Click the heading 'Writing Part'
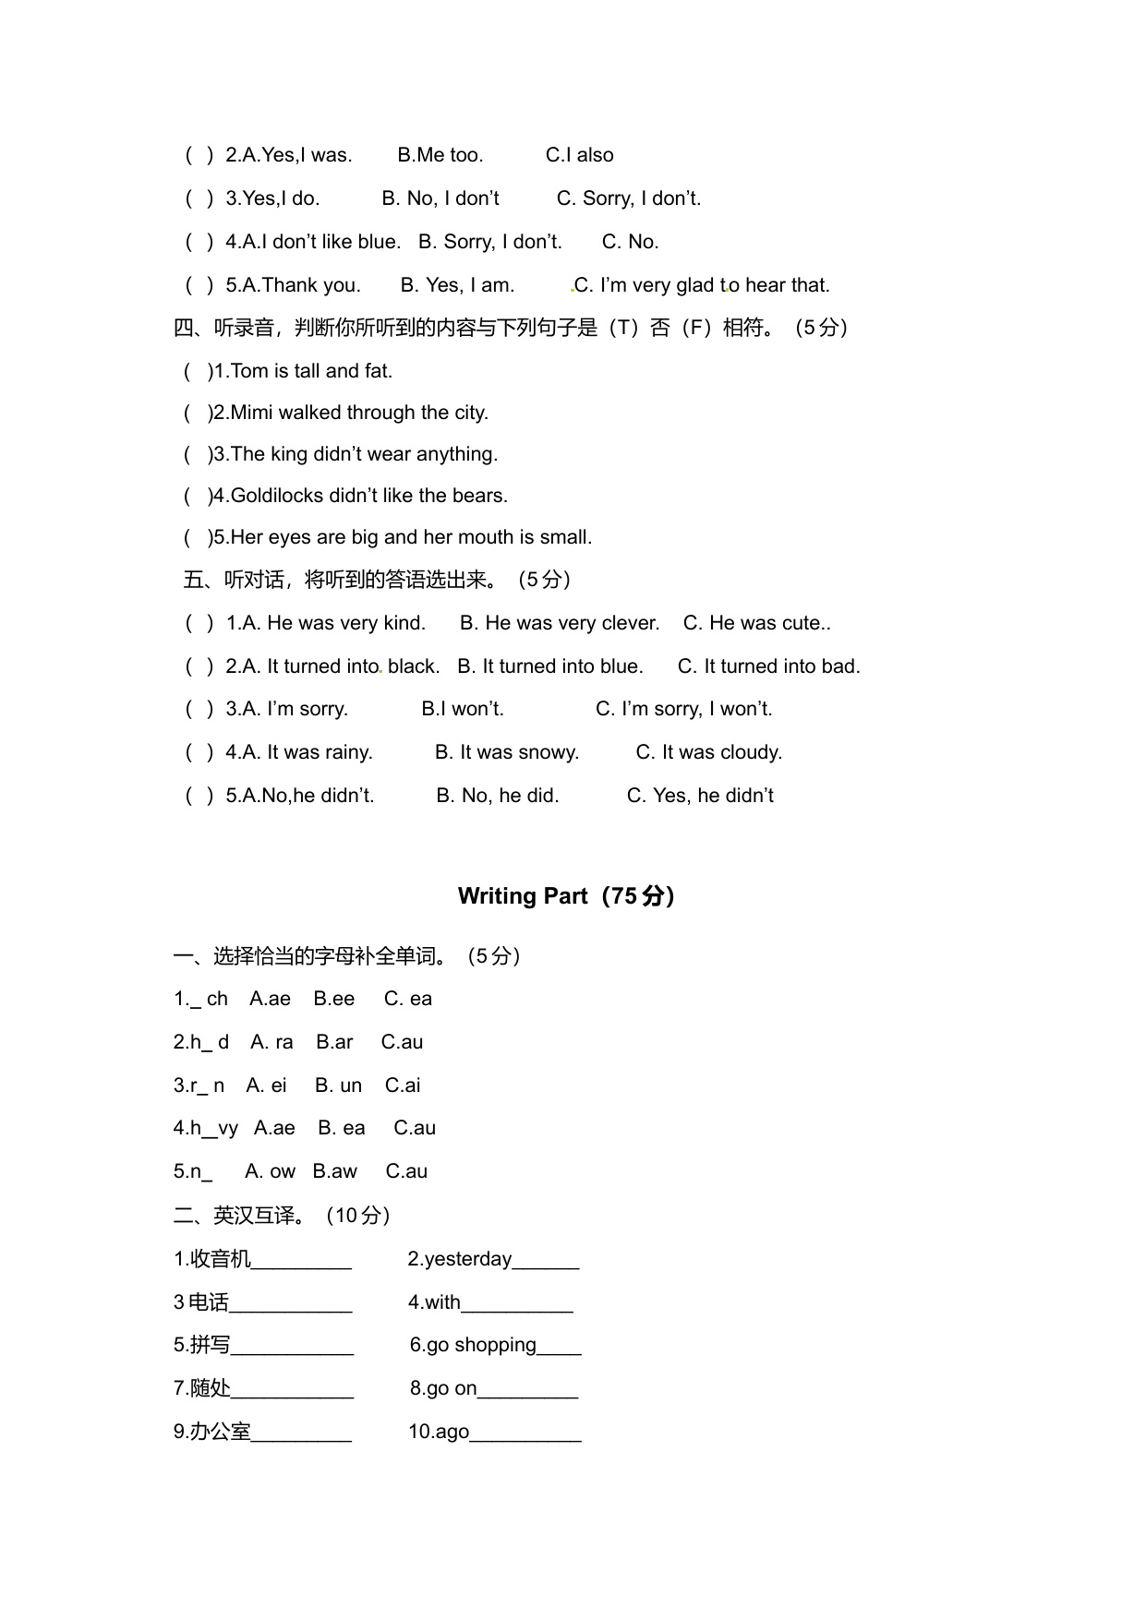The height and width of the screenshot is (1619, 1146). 523,896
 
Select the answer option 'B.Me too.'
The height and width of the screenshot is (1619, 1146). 440,155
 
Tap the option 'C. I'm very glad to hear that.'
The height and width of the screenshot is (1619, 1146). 702,285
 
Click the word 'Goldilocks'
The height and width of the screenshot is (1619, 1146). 277,496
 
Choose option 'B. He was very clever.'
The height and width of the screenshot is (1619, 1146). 560,623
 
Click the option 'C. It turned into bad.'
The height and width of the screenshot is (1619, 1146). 768,666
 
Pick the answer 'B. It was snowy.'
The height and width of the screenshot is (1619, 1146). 507,752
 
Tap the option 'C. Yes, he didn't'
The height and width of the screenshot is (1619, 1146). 700,796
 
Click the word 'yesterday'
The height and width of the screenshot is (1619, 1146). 467,1259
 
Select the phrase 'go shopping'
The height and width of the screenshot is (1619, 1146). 481,1345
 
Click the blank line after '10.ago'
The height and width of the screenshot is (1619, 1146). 525,1433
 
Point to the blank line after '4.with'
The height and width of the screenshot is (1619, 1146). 517,1304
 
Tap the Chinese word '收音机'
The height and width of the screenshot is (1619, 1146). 220,1259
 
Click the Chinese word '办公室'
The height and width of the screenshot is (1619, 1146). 220,1432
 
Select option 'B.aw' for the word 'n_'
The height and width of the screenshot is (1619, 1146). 334,1171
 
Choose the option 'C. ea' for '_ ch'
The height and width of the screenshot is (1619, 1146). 408,999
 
